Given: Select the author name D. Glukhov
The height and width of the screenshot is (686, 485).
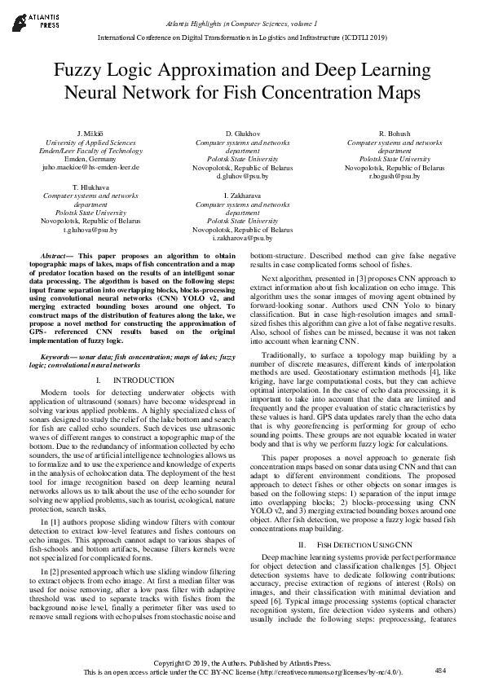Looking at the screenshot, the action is point(242,132).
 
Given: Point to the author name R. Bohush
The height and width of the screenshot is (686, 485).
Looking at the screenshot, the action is point(395,132).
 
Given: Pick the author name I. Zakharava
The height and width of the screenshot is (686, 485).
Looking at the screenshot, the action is point(242,196).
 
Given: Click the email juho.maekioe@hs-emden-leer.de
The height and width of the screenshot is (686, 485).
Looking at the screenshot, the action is point(90,167).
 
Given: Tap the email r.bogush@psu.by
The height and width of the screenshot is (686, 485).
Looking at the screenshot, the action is point(395,176).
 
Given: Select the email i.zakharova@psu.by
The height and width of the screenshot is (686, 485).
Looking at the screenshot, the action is point(242,239).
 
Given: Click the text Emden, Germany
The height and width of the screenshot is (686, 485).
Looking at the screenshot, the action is point(90,159).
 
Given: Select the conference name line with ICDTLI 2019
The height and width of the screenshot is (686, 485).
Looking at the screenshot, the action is point(242,37).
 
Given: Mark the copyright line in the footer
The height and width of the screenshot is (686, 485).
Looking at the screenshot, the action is point(242,663).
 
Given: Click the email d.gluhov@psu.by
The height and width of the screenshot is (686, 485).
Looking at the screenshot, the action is point(242,176).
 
